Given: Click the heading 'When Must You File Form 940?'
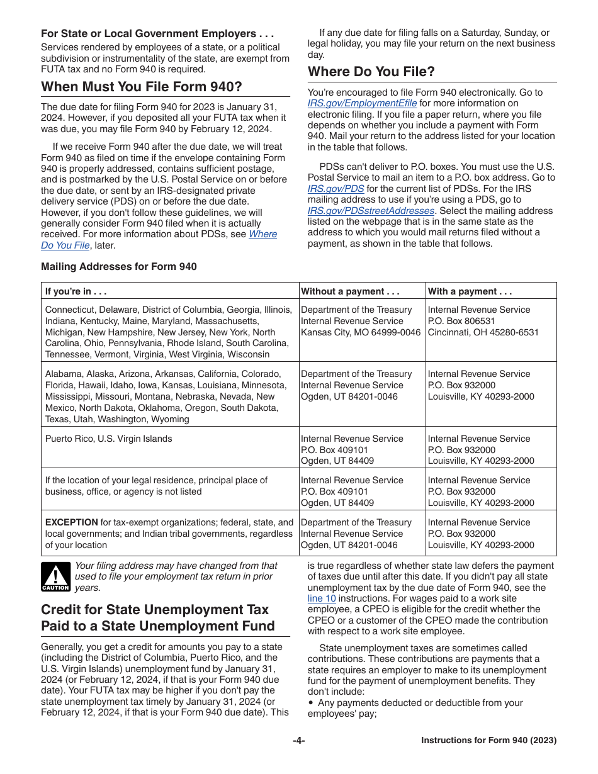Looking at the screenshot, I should (141, 87).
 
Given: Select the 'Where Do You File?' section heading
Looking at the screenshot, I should (371, 72).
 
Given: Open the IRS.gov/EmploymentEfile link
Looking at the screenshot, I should (362, 103).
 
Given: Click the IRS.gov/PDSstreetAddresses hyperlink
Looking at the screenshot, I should (371, 211).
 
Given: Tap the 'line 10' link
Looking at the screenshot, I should (322, 598).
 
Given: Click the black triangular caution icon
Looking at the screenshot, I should (55, 576).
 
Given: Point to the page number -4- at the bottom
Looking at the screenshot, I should (298, 741).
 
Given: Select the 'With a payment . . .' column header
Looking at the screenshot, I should (470, 291).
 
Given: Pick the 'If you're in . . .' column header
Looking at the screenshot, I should (76, 291).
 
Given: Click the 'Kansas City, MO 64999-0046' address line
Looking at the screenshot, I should (360, 332).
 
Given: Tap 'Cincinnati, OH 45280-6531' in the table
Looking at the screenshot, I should (483, 332).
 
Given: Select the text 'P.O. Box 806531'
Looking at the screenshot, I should (461, 321).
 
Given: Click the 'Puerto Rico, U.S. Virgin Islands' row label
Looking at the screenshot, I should (108, 439).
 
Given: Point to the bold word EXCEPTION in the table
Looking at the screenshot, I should (71, 522).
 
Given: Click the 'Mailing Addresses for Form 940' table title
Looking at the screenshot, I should (118, 266).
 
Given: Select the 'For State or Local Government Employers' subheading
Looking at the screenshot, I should (157, 33).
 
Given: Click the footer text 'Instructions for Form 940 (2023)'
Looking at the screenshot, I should (488, 741).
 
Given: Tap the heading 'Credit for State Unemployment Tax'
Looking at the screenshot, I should (154, 610).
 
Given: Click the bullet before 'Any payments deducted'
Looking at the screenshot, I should (311, 703).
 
